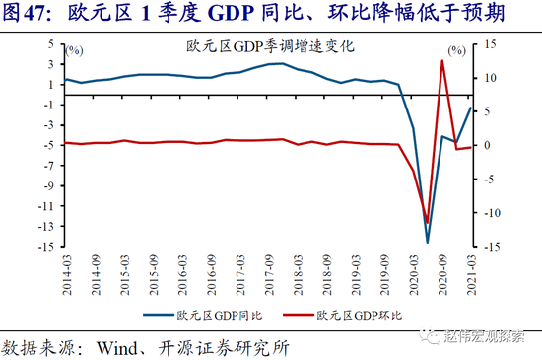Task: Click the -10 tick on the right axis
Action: (x=490, y=213)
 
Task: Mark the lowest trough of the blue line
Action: (x=428, y=242)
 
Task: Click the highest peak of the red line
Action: (x=442, y=61)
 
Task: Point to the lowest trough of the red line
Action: (x=428, y=222)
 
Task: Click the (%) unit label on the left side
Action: (x=75, y=49)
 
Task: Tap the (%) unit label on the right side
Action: (x=456, y=49)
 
